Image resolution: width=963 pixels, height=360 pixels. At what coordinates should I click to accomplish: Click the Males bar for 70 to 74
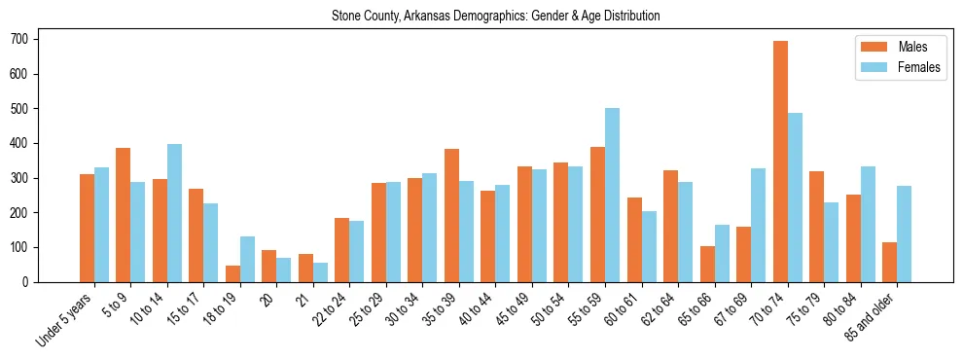780,162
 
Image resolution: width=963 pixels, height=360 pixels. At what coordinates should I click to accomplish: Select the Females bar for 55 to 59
612,195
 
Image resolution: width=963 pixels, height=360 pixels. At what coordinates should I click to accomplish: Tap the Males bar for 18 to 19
232,273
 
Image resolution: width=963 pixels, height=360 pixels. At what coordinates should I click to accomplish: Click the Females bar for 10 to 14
174,213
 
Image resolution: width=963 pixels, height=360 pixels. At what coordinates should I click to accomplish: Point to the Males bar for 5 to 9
123,215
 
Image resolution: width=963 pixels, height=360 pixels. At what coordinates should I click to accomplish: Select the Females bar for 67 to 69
758,225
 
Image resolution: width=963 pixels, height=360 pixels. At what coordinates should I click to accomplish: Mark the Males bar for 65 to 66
707,264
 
